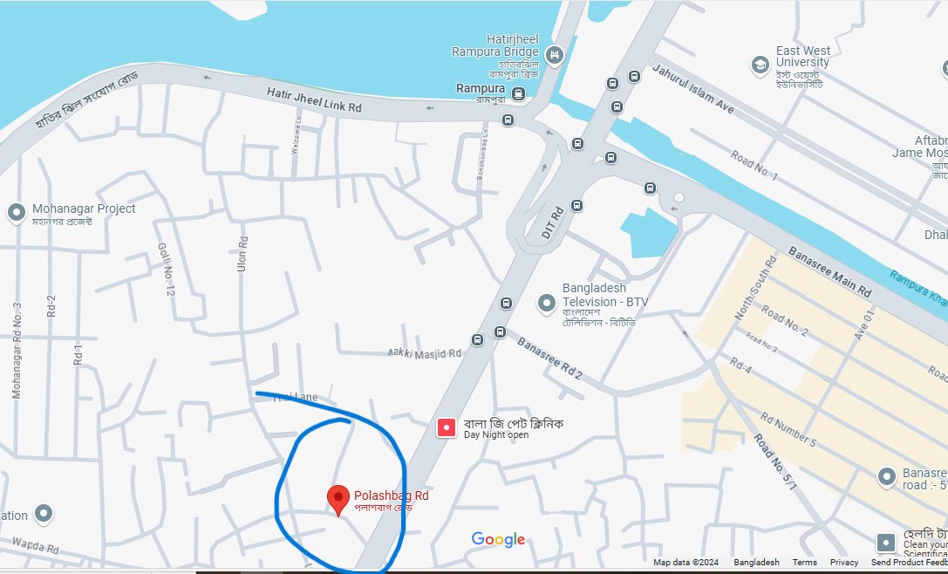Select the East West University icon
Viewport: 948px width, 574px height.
[760, 65]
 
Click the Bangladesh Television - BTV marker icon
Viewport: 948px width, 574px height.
[547, 303]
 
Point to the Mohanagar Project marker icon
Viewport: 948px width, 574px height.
[16, 213]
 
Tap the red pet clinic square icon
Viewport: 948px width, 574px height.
[447, 427]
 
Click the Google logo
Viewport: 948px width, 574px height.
[498, 539]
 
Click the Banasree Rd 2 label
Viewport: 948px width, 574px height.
[549, 358]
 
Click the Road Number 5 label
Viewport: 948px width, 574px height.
[788, 431]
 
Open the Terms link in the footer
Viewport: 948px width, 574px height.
[804, 563]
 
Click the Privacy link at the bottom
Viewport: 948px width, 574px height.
[844, 563]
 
